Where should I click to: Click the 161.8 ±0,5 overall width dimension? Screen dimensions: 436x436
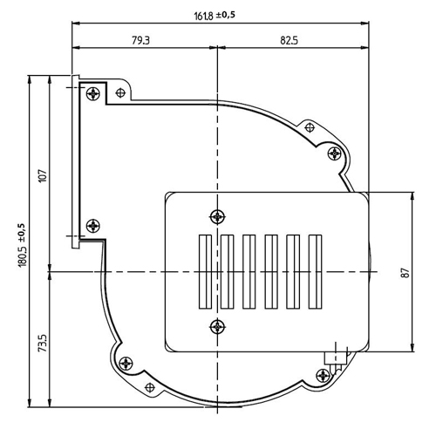pyautogui.click(x=215, y=16)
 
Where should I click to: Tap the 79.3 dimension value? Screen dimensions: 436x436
pyautogui.click(x=140, y=40)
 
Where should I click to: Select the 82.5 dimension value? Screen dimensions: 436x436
pyautogui.click(x=289, y=40)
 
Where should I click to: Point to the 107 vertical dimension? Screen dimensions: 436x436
pyautogui.click(x=43, y=175)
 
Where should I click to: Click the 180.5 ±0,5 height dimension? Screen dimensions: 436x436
pyautogui.click(x=23, y=245)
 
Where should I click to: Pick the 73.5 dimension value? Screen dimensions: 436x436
pyautogui.click(x=43, y=343)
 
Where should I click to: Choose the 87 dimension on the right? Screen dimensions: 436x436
pyautogui.click(x=405, y=273)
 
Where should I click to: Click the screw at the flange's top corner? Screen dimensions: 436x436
pyautogui.click(x=93, y=93)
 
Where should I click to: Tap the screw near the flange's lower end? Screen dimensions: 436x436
pyautogui.click(x=93, y=226)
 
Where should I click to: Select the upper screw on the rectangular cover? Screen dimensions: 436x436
pyautogui.click(x=217, y=216)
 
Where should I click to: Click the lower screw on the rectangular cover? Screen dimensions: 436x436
pyautogui.click(x=217, y=327)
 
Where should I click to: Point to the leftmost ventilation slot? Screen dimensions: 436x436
pyautogui.click(x=205, y=271)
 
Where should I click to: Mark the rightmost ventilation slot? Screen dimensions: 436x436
pyautogui.click(x=315, y=271)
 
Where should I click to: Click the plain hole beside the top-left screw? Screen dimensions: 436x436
pyautogui.click(x=120, y=93)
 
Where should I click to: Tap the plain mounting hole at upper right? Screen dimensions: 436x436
pyautogui.click(x=310, y=127)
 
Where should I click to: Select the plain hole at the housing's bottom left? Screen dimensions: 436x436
pyautogui.click(x=150, y=387)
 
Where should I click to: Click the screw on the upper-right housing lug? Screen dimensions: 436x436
pyautogui.click(x=335, y=153)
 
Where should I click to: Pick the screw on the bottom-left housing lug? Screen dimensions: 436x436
pyautogui.click(x=126, y=364)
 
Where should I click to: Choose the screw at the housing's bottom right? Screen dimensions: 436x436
pyautogui.click(x=323, y=376)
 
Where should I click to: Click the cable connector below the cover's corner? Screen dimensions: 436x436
pyautogui.click(x=336, y=358)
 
